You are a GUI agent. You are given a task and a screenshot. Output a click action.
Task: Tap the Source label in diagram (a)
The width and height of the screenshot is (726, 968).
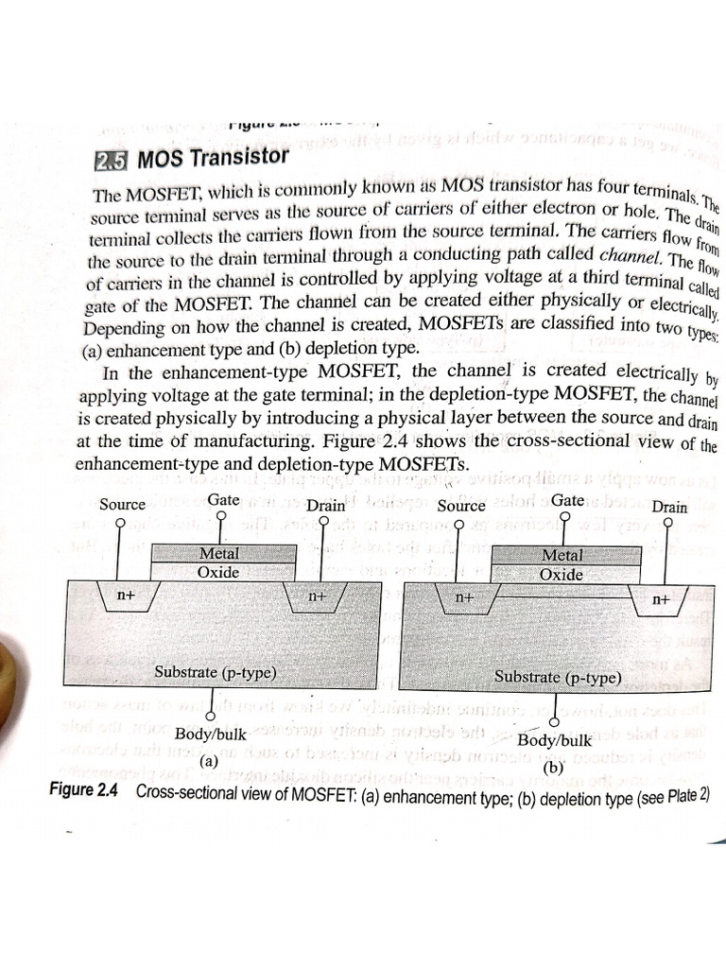[122, 504]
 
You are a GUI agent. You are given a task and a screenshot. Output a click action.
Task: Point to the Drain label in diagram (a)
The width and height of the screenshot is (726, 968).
[325, 506]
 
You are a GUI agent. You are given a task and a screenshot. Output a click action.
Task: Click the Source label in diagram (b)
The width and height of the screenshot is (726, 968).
[461, 506]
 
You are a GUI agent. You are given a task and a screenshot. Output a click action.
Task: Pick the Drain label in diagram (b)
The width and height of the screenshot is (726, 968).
[669, 507]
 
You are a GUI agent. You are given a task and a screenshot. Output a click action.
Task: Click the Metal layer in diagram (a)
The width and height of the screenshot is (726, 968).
[219, 554]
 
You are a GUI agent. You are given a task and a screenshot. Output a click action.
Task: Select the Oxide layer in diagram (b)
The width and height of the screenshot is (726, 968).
[561, 574]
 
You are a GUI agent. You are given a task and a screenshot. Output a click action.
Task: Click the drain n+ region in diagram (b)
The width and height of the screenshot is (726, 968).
[660, 599]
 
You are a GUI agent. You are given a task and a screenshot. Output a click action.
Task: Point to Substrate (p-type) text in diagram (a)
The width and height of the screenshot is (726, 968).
[216, 672]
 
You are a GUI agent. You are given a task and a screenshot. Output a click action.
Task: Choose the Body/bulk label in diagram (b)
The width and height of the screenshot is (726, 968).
[555, 740]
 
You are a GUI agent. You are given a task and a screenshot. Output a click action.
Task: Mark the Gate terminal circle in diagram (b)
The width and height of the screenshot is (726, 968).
[564, 518]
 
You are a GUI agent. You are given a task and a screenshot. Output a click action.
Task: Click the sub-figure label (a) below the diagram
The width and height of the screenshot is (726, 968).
[209, 759]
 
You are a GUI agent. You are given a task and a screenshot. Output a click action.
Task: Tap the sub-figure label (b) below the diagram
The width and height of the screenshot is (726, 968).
[555, 769]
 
